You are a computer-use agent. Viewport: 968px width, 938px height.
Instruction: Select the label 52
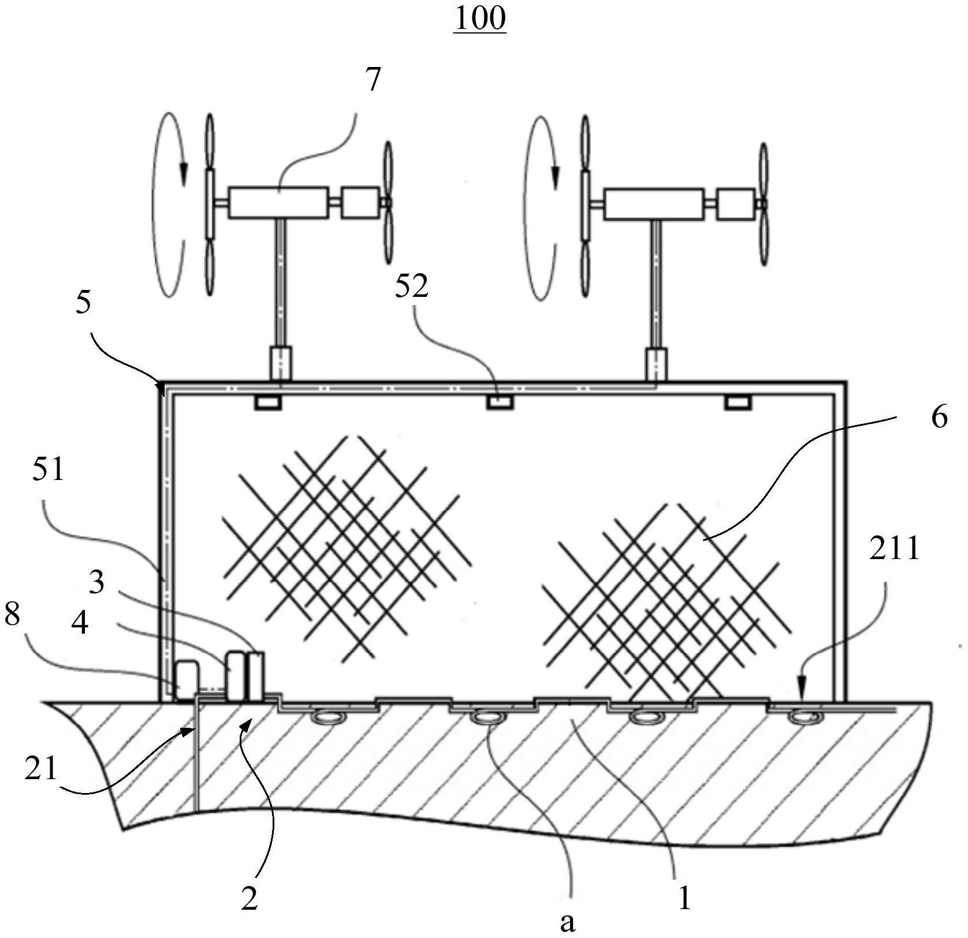point(412,286)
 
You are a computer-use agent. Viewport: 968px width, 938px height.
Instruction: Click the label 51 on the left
point(48,469)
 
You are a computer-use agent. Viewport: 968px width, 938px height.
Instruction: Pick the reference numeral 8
point(12,616)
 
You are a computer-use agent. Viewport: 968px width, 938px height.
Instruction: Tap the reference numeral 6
point(940,416)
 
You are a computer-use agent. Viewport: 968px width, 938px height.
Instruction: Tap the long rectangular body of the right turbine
point(654,204)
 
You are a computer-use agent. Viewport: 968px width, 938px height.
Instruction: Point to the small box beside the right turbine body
point(735,204)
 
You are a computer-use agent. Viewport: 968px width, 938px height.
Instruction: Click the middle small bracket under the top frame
point(500,402)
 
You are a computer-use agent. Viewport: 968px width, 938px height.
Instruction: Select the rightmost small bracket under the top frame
point(739,402)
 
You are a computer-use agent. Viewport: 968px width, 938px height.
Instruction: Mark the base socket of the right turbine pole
point(656,364)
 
